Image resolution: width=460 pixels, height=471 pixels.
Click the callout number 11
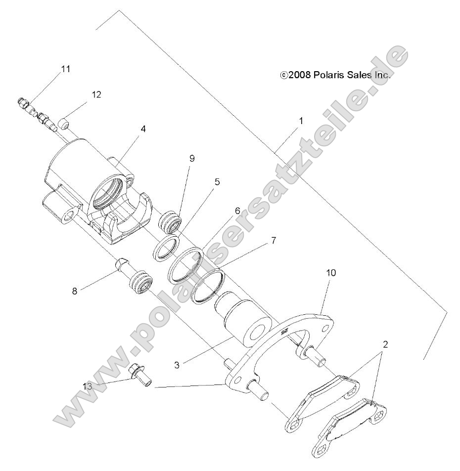66,69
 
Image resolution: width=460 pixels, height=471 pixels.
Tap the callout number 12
96,94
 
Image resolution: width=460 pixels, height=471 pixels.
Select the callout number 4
143,129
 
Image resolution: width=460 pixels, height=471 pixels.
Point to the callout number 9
192,158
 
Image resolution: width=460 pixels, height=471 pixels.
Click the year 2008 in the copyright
299,76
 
